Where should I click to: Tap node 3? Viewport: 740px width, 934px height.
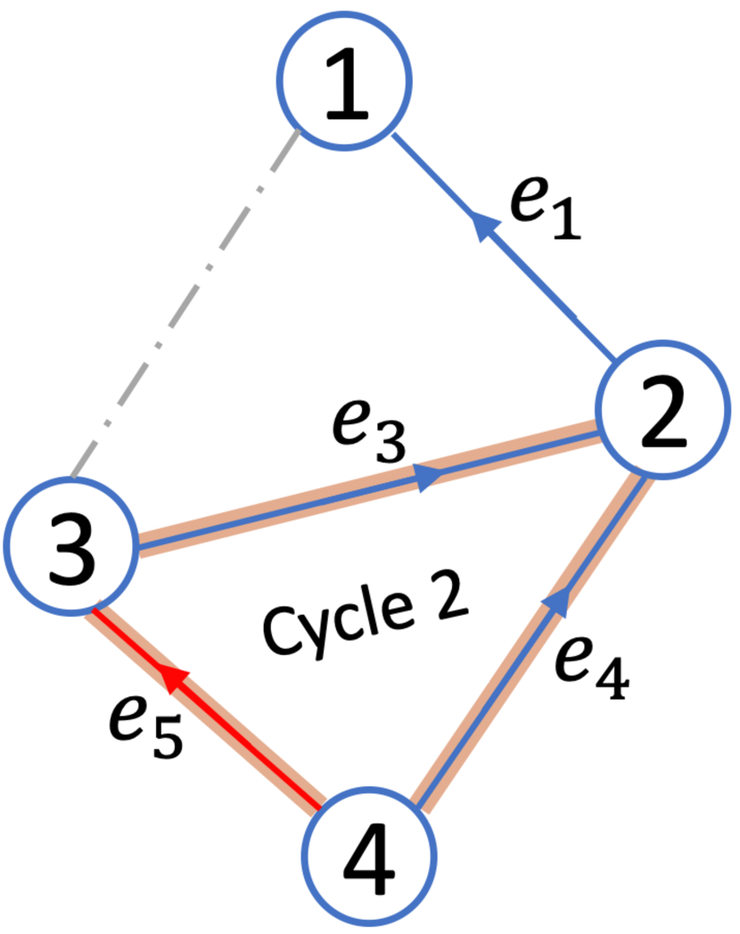[x=70, y=544]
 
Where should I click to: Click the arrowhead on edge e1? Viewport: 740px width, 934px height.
[x=486, y=226]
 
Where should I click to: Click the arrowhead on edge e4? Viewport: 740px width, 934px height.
[x=556, y=602]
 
